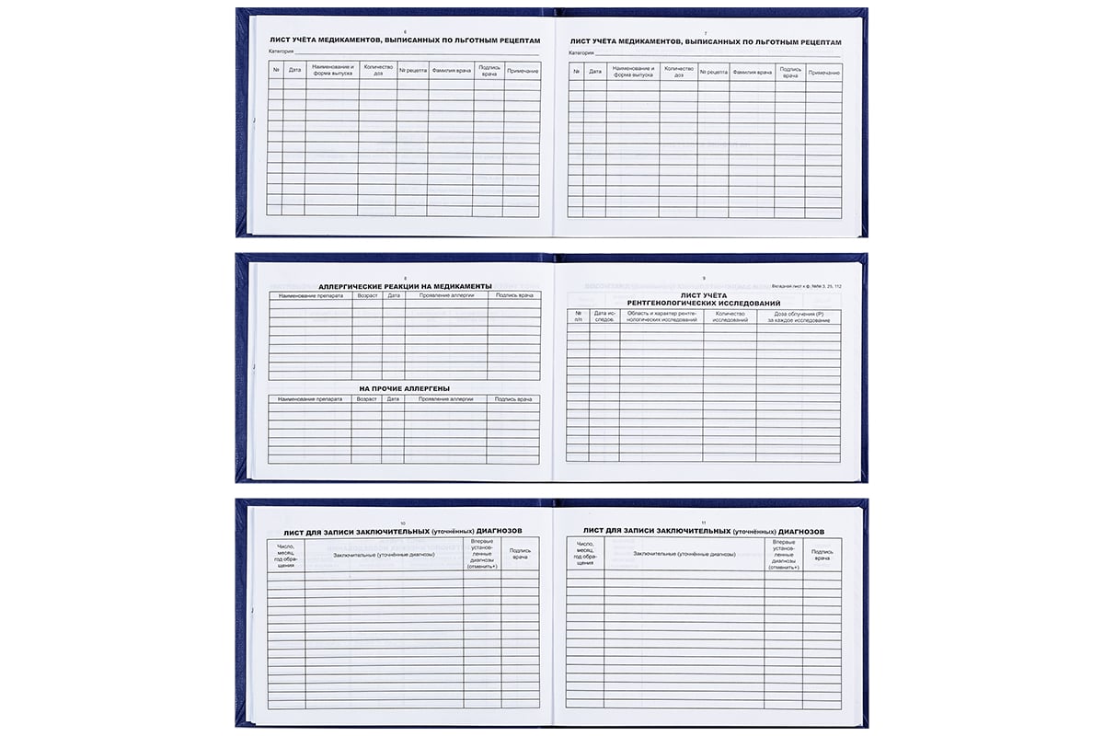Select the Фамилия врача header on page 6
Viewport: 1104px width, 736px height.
(450, 71)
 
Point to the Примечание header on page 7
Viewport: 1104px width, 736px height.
(823, 72)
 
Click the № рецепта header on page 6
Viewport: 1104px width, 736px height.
(412, 71)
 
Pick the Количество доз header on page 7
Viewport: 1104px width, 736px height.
(678, 72)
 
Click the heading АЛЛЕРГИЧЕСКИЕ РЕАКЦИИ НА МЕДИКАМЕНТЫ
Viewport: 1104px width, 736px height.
(405, 286)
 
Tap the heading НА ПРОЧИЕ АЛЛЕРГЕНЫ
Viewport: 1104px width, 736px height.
(405, 388)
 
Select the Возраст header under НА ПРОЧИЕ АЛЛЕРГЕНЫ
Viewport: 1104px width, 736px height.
(366, 399)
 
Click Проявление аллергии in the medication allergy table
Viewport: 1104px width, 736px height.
(445, 296)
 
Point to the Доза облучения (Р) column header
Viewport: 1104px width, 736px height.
(799, 317)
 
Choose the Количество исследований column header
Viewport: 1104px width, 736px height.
(730, 317)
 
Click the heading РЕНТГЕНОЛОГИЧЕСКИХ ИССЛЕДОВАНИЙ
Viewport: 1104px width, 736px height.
(704, 303)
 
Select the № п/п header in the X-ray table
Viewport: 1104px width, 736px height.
(578, 317)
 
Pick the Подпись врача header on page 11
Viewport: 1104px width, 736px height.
(822, 555)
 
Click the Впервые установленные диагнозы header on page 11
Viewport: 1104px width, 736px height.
(783, 555)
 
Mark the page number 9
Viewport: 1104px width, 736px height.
(704, 277)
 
